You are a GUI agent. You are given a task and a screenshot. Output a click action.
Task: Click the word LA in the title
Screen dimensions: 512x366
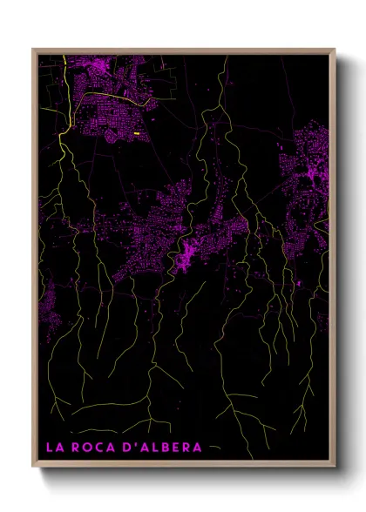54,448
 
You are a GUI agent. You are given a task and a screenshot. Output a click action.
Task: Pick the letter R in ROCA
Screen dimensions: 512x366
77,448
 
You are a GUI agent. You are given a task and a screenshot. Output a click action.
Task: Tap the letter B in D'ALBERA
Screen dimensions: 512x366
166,448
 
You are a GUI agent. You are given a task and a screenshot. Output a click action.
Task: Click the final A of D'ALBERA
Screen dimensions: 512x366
196,448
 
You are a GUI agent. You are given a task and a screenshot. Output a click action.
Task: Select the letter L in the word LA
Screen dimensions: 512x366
49,448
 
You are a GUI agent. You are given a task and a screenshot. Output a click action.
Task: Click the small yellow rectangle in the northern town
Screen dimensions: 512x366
138,133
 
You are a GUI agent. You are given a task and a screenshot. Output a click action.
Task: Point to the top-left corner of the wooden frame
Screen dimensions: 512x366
33,50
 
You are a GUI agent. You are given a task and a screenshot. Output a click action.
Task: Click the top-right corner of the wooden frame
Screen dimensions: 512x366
335,50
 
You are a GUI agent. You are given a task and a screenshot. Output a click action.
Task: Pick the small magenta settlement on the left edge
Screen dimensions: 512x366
45,305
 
